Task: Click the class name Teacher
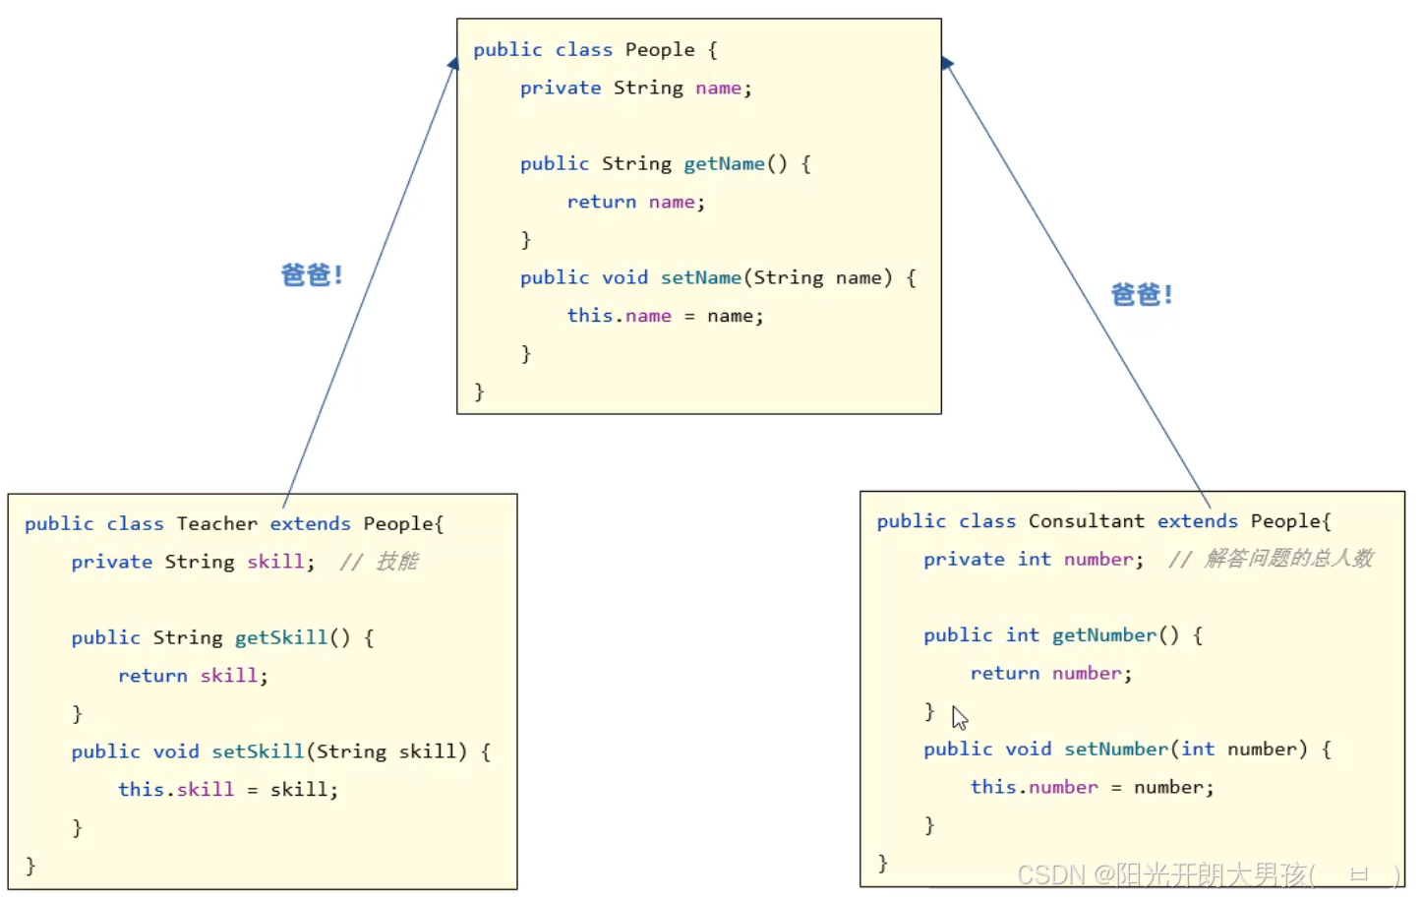tap(216, 523)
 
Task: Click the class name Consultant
tap(1086, 520)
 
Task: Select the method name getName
tap(724, 163)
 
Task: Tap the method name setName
tap(700, 277)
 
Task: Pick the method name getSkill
tap(280, 637)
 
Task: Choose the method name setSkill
tap(258, 751)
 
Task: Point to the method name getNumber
tap(1103, 634)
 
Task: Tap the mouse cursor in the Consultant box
tap(959, 717)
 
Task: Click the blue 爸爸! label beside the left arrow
tap(312, 274)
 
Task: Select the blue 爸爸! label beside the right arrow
tap(1141, 294)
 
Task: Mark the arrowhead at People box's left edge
tap(453, 64)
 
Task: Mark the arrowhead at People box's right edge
tap(946, 63)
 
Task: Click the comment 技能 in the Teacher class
tap(397, 561)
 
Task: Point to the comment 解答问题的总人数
tap(1288, 558)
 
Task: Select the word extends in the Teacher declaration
tap(310, 523)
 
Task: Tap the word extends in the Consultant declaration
tap(1197, 520)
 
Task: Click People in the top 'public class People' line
tap(660, 49)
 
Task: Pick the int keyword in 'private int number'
tap(1034, 559)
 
